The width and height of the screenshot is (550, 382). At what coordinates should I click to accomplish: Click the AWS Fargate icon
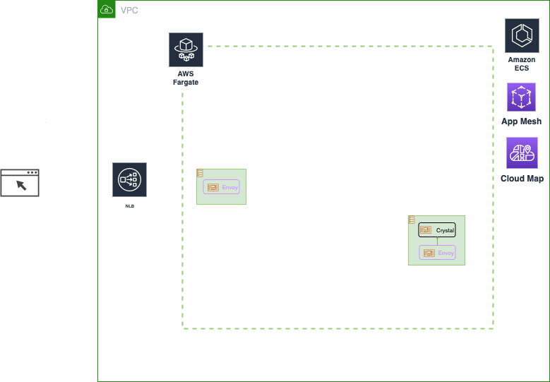pyautogui.click(x=186, y=49)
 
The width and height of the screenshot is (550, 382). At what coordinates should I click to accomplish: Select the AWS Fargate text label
pyautogui.click(x=186, y=78)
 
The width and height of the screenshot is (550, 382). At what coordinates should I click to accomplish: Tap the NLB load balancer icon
pyautogui.click(x=129, y=180)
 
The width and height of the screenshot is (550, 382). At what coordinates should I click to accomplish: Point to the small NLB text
pyautogui.click(x=129, y=206)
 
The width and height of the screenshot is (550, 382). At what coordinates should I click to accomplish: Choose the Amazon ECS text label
pyautogui.click(x=522, y=64)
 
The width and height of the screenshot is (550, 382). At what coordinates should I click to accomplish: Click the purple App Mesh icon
pyautogui.click(x=521, y=97)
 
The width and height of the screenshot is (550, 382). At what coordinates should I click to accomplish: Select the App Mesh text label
pyautogui.click(x=521, y=121)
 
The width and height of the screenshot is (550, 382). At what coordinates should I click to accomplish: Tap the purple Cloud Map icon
pyautogui.click(x=522, y=153)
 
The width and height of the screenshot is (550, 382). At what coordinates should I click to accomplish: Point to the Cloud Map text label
pyautogui.click(x=522, y=179)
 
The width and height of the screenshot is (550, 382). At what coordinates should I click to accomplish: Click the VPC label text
pyautogui.click(x=129, y=11)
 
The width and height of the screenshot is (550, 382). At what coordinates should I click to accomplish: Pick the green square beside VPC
pyautogui.click(x=107, y=9)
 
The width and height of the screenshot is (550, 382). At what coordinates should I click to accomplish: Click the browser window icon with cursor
pyautogui.click(x=20, y=183)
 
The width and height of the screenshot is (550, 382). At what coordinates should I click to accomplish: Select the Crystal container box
pyautogui.click(x=437, y=230)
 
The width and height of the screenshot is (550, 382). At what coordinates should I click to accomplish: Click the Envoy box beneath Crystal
pyautogui.click(x=437, y=253)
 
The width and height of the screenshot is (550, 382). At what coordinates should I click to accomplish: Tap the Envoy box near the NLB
pyautogui.click(x=222, y=187)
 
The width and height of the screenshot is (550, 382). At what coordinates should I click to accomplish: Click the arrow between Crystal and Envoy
pyautogui.click(x=437, y=241)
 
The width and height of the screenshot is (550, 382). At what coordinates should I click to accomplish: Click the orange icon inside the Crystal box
pyautogui.click(x=425, y=230)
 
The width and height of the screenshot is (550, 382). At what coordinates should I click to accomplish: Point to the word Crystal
pyautogui.click(x=445, y=231)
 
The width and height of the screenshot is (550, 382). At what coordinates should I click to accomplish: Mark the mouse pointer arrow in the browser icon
pyautogui.click(x=21, y=185)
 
